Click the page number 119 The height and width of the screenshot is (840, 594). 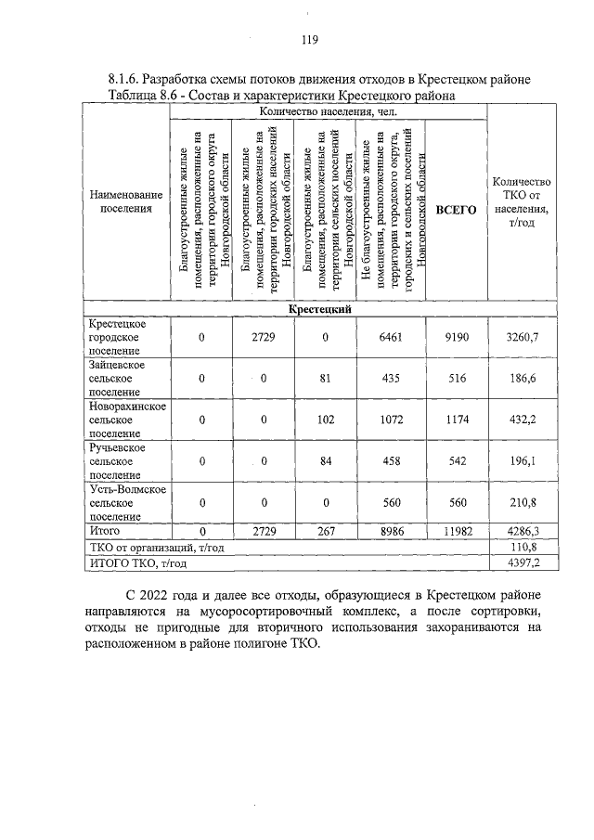click(309, 40)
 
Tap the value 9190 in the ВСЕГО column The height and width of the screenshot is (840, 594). click(457, 338)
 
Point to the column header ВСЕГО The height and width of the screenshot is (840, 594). click(457, 211)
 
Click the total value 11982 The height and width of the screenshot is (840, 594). click(457, 532)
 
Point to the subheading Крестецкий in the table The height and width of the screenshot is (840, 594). click(318, 310)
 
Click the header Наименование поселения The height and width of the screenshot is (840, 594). click(125, 201)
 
